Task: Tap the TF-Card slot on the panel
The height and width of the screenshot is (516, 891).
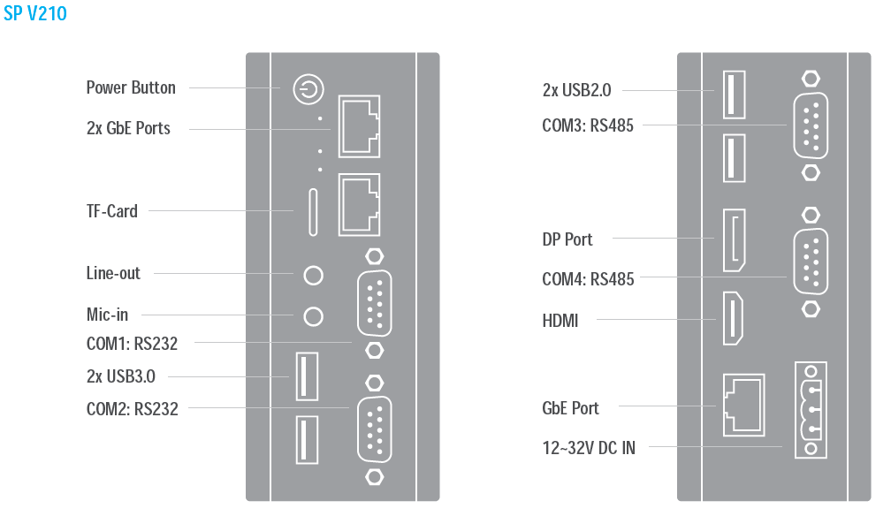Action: pyautogui.click(x=313, y=211)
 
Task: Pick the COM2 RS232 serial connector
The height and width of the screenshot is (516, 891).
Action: pyautogui.click(x=374, y=429)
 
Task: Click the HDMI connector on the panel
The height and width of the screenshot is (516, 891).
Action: pyautogui.click(x=734, y=318)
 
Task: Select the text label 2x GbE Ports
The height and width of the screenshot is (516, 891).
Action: pyautogui.click(x=128, y=128)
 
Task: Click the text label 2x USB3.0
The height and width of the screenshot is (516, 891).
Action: pyautogui.click(x=121, y=376)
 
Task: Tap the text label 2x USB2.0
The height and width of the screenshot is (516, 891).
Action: pyautogui.click(x=576, y=89)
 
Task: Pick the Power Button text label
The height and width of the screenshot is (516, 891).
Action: pyautogui.click(x=131, y=87)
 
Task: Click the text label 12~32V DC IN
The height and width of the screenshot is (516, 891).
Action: pyautogui.click(x=589, y=448)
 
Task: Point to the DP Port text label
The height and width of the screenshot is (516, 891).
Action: pyautogui.click(x=567, y=239)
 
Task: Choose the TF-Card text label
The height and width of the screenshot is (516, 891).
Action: pyautogui.click(x=112, y=211)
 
